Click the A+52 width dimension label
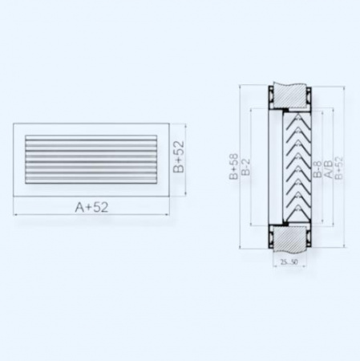point(91,208)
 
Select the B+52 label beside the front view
point(180,158)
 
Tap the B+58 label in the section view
point(233,169)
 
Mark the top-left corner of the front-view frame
point(14,125)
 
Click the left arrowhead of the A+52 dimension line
point(16,215)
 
